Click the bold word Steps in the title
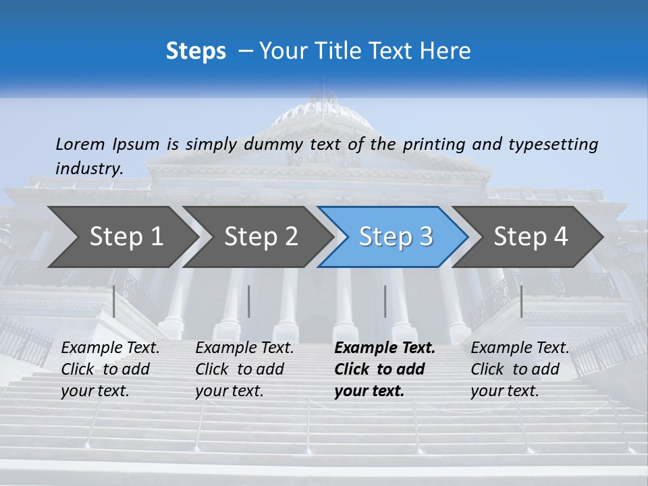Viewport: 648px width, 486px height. click(196, 51)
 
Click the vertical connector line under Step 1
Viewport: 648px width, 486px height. click(114, 301)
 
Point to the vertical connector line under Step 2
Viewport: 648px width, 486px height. click(249, 301)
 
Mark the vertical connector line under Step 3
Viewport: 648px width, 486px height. click(385, 301)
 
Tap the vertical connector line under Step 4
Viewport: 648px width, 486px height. click(522, 301)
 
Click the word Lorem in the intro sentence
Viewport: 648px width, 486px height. click(80, 144)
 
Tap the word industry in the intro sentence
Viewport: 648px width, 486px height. click(89, 169)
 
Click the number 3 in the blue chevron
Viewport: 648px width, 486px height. click(425, 236)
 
